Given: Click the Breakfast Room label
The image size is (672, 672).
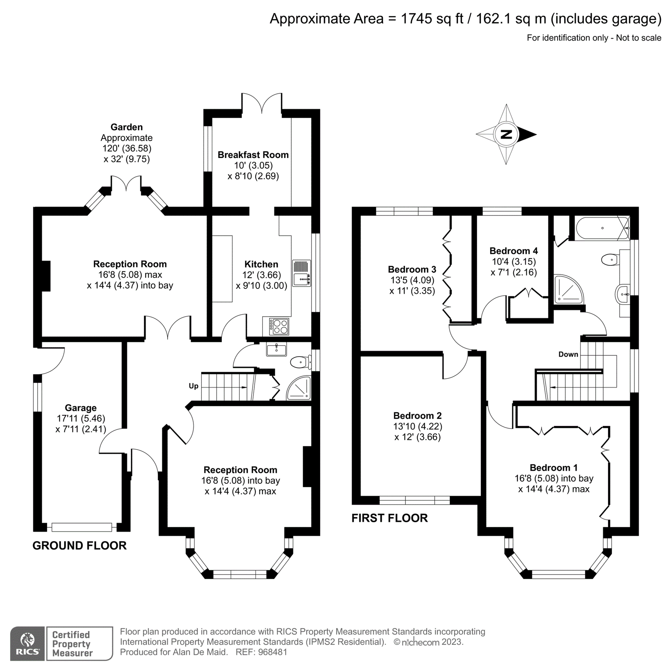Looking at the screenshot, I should [253, 155].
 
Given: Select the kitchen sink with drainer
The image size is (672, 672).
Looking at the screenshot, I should [301, 273].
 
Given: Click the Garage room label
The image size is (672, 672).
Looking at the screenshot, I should [81, 408].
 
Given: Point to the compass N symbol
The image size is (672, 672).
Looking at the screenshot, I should [506, 134].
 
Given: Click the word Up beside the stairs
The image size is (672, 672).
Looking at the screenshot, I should [193, 386].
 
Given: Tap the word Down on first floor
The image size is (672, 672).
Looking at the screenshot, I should [568, 354].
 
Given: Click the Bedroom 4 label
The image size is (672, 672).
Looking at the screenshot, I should [513, 251].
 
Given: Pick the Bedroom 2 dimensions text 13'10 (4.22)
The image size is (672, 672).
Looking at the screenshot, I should [417, 426].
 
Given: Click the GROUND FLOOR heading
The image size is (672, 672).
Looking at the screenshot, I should [80, 545].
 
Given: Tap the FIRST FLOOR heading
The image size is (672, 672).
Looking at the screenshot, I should [389, 518].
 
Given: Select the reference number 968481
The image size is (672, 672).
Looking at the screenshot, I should [273, 652].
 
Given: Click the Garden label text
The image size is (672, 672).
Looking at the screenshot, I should [127, 127].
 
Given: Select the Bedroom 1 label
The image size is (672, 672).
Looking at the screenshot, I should [553, 467].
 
